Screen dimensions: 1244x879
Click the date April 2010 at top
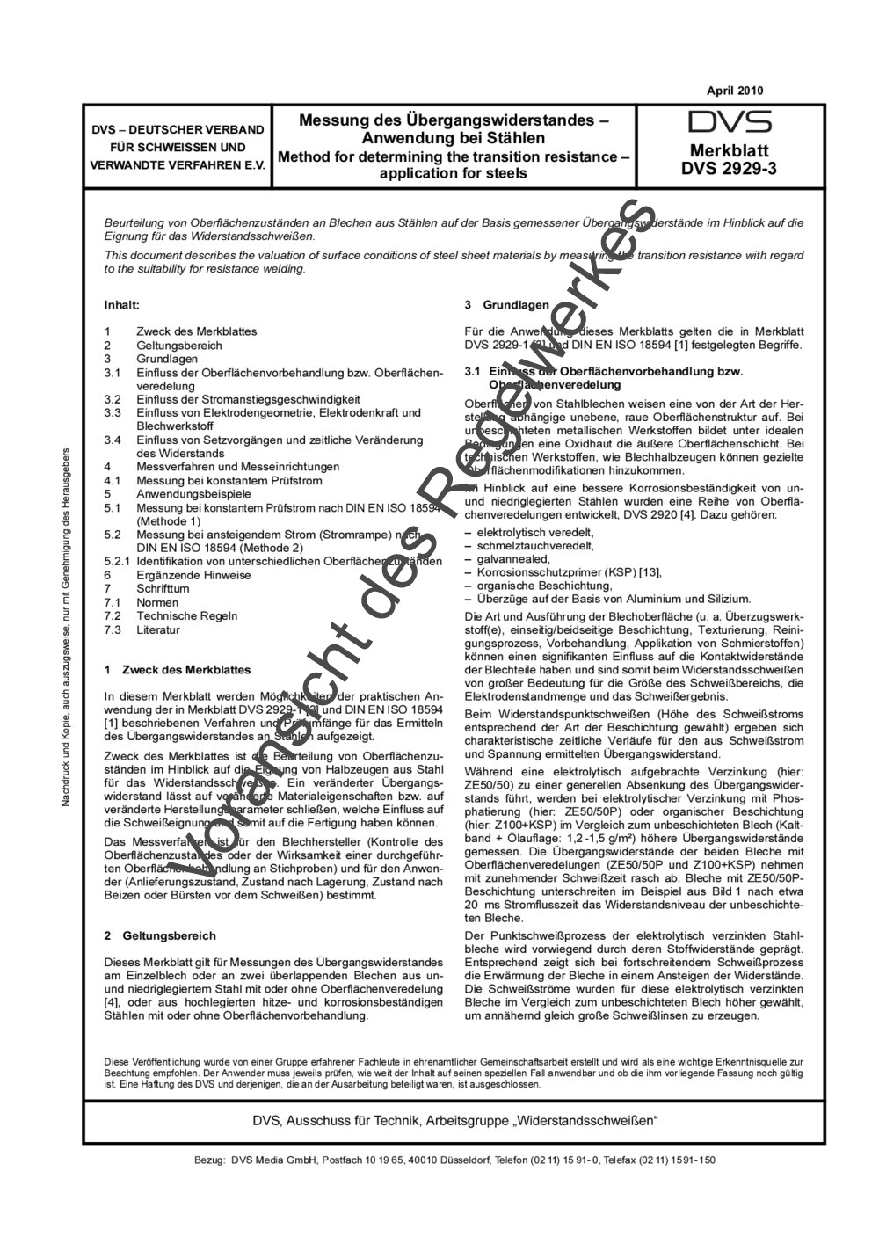click(735, 91)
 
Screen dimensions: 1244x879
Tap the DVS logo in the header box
click(730, 122)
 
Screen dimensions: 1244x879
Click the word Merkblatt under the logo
click(729, 149)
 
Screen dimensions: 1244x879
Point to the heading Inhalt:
click(122, 305)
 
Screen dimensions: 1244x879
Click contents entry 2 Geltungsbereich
click(173, 346)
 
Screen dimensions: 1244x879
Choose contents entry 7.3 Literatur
click(157, 629)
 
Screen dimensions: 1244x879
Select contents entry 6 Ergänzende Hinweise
click(193, 575)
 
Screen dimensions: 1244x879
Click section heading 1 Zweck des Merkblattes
click(177, 670)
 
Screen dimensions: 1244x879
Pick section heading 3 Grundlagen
click(506, 305)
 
